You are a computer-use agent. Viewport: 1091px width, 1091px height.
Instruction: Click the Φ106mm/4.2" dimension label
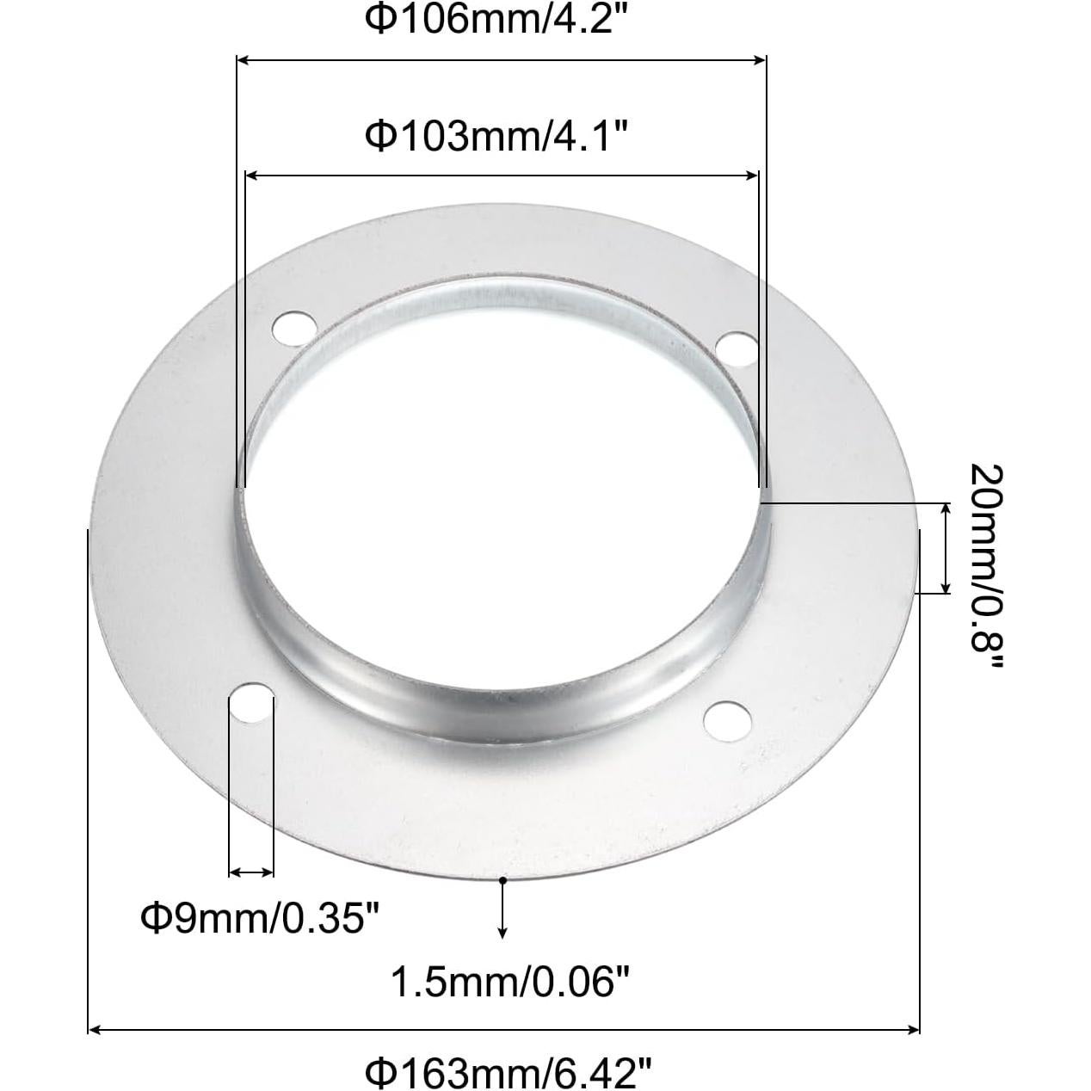[500, 20]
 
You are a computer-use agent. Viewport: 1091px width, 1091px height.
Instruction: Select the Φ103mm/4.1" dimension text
[500, 135]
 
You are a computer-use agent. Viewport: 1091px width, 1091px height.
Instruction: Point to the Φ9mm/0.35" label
[260, 918]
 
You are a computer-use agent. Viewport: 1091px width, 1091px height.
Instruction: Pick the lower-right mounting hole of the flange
[725, 719]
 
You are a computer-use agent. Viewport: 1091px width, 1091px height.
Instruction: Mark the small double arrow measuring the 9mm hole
[251, 872]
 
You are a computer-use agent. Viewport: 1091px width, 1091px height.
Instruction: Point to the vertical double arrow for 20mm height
[946, 547]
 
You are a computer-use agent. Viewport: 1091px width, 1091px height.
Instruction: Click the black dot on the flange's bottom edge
[502, 878]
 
